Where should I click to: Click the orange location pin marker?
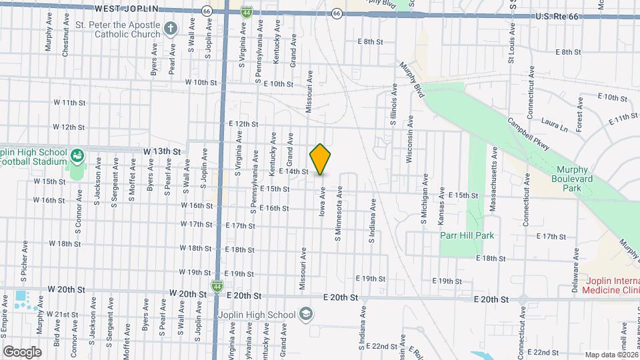click(x=320, y=159)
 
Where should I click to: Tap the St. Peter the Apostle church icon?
click(x=170, y=29)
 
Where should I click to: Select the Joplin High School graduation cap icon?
click(x=305, y=314)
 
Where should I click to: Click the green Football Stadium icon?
click(x=77, y=156)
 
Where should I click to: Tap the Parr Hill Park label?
click(x=467, y=235)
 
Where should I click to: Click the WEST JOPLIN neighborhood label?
click(x=126, y=8)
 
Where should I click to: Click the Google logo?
click(x=22, y=351)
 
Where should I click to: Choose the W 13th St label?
click(x=163, y=152)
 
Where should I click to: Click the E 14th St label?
click(x=294, y=171)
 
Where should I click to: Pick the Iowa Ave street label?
click(x=323, y=204)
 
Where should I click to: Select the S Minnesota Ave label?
click(x=339, y=209)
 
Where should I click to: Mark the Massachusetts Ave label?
click(x=494, y=179)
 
